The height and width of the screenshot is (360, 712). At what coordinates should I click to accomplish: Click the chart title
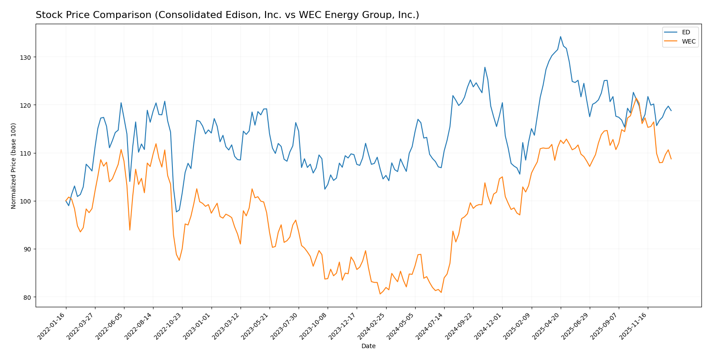[x=227, y=15]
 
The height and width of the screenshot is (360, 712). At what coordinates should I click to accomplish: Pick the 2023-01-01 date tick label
[x=198, y=326]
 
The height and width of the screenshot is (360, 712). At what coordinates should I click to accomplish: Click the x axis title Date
[x=368, y=346]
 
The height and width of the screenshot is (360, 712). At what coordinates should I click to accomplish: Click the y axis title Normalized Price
[x=14, y=165]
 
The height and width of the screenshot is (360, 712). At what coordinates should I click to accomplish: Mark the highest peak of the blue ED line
[x=560, y=36]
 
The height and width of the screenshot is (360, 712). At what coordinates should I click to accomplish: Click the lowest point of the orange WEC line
[x=380, y=294]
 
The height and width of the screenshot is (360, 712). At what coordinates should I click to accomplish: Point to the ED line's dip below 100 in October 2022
[x=176, y=212]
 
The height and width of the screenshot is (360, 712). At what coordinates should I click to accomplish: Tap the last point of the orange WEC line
[x=671, y=159]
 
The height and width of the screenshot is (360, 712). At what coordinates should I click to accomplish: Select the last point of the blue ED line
[x=671, y=111]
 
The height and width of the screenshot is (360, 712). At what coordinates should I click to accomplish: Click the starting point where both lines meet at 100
[x=66, y=201]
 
